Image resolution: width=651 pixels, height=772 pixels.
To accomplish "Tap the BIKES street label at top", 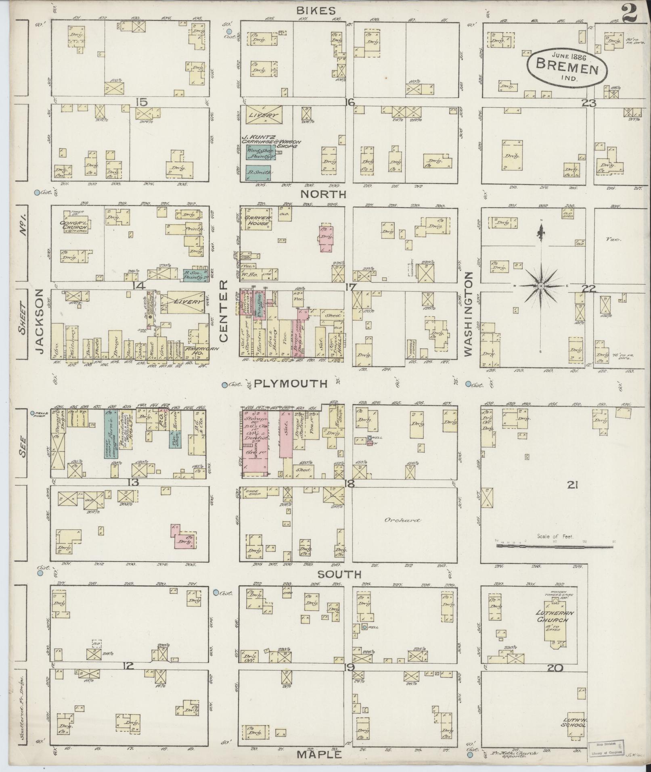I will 321,10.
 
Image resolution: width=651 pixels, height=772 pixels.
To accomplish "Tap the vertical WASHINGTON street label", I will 469,314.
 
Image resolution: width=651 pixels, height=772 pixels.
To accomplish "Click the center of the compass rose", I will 540,286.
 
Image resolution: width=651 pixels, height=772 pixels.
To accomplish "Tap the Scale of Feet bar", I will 555,546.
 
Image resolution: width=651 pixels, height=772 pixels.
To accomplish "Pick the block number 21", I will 572,485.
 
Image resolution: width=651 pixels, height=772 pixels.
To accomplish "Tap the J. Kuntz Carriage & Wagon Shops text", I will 268,142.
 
